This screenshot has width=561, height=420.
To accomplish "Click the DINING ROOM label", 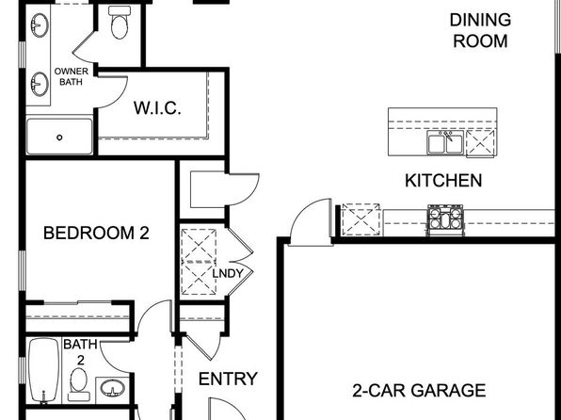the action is (x=480, y=30).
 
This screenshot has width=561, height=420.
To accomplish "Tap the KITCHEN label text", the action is (x=443, y=181).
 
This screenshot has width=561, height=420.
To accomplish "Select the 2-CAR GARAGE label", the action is (x=419, y=390).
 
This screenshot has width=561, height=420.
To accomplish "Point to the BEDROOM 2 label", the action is (x=96, y=233).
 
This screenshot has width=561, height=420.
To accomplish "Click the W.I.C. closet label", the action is (x=157, y=107).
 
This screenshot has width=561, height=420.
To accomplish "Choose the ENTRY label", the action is (x=228, y=379).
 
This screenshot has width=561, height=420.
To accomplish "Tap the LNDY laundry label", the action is (x=228, y=273).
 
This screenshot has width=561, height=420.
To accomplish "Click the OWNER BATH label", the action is (x=71, y=76).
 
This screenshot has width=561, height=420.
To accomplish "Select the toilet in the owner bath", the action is (x=120, y=23).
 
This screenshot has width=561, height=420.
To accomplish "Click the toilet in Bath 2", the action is (x=79, y=385).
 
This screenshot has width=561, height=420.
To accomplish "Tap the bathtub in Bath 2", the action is (x=43, y=371).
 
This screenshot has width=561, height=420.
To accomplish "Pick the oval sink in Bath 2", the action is (x=112, y=388).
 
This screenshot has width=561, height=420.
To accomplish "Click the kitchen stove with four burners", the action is (x=445, y=219).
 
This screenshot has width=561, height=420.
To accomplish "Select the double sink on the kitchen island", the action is (x=444, y=142).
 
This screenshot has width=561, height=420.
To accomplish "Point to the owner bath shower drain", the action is (x=59, y=137).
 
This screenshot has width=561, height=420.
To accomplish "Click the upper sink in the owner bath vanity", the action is (x=40, y=25).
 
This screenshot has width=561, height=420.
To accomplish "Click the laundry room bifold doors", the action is (x=241, y=261).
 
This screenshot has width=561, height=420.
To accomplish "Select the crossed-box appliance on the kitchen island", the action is (x=480, y=143).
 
